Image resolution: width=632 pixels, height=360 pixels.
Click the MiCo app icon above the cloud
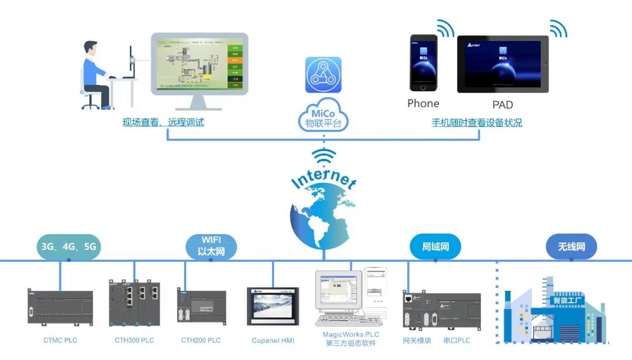pyautogui.click(x=323, y=75)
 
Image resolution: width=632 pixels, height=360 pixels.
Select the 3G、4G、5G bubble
pyautogui.click(x=69, y=246)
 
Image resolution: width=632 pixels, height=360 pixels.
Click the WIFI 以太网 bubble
pyautogui.click(x=212, y=246)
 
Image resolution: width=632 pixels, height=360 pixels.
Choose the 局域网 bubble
pyautogui.click(x=434, y=246)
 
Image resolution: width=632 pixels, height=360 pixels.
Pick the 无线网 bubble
pyautogui.click(x=571, y=246)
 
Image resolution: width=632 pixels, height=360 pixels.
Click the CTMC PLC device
pyautogui.click(x=60, y=306)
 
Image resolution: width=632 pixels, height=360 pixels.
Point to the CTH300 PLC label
pyautogui.click(x=134, y=340)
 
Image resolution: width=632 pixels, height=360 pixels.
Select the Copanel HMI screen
pyautogui.click(x=273, y=306)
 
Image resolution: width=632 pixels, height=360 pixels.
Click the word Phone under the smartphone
pyautogui.click(x=423, y=104)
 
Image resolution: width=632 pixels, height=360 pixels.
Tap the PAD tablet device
pyautogui.click(x=503, y=64)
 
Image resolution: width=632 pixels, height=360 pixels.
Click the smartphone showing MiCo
pyautogui.click(x=423, y=63)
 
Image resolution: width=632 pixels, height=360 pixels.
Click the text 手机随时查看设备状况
pyautogui.click(x=476, y=123)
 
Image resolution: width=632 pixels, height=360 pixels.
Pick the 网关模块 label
pyautogui.click(x=417, y=340)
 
